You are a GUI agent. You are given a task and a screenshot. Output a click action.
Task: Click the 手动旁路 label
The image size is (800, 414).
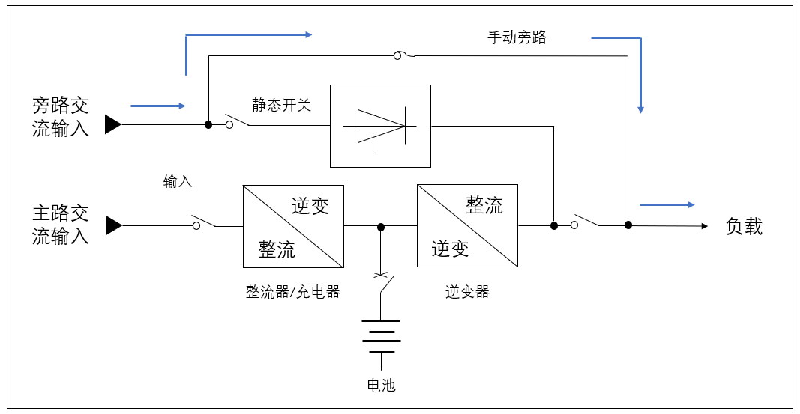pos(517,37)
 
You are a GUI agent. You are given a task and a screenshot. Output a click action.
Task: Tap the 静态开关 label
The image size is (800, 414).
pos(281,106)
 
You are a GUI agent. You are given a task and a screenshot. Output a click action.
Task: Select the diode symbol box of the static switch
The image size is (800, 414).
pos(381,126)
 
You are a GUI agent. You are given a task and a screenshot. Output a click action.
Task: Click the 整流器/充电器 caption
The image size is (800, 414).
pos(293,292)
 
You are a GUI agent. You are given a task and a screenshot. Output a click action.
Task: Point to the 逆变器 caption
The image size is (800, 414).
pos(467,292)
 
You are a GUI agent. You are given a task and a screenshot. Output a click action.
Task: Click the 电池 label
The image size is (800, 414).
pos(381,386)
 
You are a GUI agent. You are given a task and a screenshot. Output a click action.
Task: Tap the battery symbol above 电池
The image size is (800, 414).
pos(381,336)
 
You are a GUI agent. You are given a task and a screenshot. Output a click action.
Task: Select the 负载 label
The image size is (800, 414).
pos(744,227)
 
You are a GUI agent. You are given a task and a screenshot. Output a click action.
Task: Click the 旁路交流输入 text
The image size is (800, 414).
pos(61,117)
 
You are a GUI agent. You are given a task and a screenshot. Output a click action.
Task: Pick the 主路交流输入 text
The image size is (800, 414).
pos(61,225)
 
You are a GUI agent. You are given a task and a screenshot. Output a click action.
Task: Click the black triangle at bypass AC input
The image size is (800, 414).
pos(112,124)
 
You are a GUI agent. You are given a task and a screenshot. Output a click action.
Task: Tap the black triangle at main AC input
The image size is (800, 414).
pos(112,225)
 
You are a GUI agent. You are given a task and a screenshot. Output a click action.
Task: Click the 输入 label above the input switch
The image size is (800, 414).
pos(178,181)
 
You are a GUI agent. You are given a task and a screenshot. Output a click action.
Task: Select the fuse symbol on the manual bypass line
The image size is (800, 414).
pos(402,55)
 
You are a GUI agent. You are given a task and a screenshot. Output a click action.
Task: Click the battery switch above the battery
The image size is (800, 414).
pos(383,284)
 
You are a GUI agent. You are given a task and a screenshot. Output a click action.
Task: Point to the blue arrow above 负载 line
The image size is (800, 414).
pos(667,204)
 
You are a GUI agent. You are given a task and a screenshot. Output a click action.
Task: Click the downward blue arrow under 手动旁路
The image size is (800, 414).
pos(640,75)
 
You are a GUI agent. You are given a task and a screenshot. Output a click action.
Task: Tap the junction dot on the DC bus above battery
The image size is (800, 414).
pos(381,226)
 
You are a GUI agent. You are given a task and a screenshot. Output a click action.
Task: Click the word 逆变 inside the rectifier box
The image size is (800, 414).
pos(310,206)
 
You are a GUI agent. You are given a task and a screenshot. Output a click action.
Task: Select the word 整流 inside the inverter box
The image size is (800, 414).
pos(484,205)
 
